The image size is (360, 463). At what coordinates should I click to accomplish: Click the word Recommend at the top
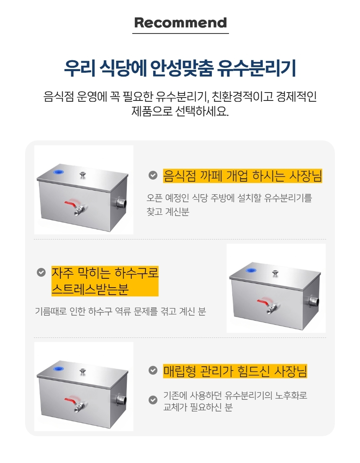click(180, 23)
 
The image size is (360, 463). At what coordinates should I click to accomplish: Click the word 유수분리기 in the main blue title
click(256, 68)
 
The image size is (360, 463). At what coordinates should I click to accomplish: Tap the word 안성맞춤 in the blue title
click(182, 68)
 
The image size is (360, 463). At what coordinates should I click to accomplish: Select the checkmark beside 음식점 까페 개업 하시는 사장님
click(153, 175)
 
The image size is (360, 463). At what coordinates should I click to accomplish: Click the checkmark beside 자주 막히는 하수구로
click(41, 272)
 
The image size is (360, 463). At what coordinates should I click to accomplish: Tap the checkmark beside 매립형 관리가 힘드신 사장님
click(153, 370)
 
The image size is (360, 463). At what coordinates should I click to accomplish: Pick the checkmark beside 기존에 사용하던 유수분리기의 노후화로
click(153, 400)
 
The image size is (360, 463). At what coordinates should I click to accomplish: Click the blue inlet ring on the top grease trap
click(58, 172)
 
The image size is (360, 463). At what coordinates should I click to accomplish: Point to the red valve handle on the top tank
click(71, 203)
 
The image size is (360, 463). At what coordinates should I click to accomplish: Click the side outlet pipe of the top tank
click(121, 203)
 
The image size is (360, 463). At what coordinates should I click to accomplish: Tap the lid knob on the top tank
click(83, 175)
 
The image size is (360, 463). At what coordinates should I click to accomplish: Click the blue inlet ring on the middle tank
click(251, 270)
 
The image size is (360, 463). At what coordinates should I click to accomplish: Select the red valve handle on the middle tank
click(263, 302)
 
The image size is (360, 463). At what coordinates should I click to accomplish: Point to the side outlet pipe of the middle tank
click(314, 301)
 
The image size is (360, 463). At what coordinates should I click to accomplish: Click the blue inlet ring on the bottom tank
click(58, 368)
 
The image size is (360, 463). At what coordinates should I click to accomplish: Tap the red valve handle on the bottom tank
click(71, 400)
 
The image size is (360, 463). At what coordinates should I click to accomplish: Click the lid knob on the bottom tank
click(83, 372)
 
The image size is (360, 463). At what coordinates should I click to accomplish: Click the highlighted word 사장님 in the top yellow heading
click(305, 176)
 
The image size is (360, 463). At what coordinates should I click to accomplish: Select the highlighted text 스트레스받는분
click(90, 289)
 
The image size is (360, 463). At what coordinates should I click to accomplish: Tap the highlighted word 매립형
click(180, 371)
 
